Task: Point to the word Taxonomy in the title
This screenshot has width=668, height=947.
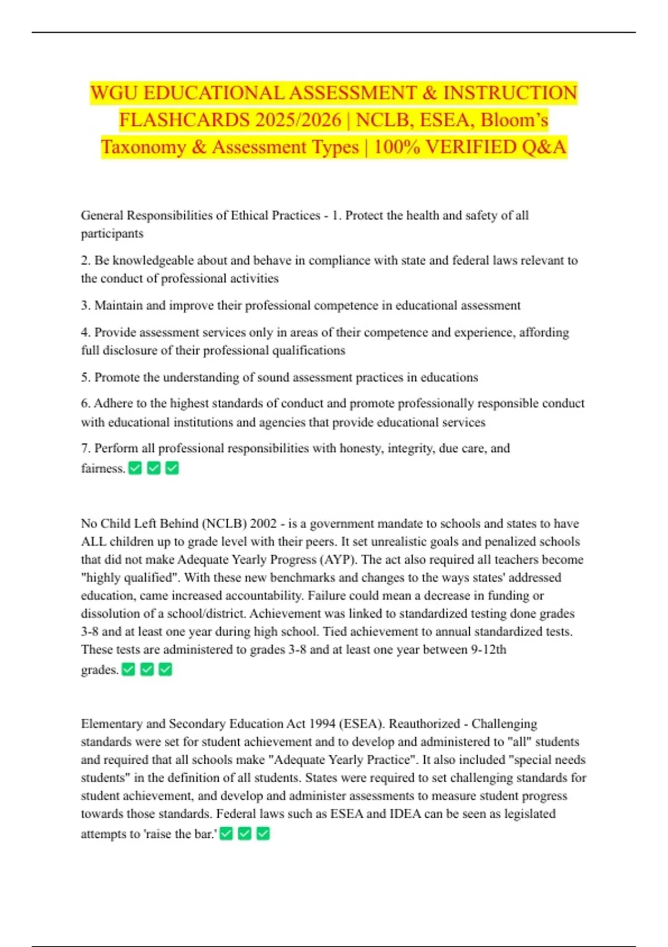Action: pos(143,147)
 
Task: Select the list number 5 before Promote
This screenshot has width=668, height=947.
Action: pos(85,378)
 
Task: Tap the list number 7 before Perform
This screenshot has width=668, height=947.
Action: pos(85,448)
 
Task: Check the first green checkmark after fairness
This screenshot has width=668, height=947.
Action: pos(135,468)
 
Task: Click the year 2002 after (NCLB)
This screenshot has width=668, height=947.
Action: pos(263,524)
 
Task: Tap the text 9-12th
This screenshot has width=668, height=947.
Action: pos(488,650)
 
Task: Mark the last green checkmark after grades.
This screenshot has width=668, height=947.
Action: pos(165,670)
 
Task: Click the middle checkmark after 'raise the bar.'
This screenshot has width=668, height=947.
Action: pos(245,834)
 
